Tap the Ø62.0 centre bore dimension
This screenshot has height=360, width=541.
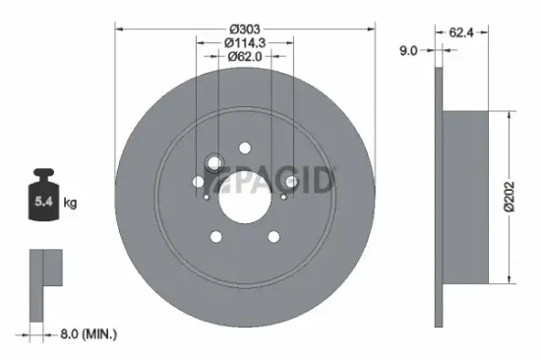(246, 56)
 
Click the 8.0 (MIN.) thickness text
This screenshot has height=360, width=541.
(86, 335)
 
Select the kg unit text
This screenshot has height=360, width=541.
(70, 204)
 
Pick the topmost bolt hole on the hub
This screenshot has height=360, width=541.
(244, 148)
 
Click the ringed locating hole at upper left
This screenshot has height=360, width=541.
(212, 164)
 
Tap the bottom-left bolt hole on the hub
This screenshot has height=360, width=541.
(214, 236)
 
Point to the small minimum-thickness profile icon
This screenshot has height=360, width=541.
(44, 285)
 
